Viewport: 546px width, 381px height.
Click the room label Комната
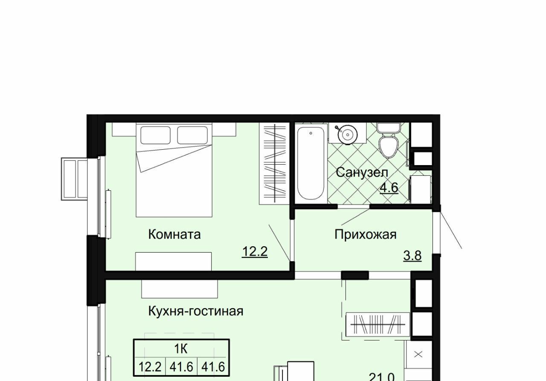pyautogui.click(x=174, y=235)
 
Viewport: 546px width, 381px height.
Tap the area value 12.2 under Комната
pyautogui.click(x=255, y=252)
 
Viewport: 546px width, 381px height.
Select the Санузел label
pyautogui.click(x=362, y=172)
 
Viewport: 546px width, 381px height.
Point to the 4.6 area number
pyautogui.click(x=389, y=188)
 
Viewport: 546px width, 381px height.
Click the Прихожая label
pyautogui.click(x=366, y=235)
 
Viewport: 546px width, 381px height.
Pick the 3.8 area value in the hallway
pyautogui.click(x=412, y=256)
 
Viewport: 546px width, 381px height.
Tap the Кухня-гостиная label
pyautogui.click(x=196, y=311)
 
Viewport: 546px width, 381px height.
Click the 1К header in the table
pyautogui.click(x=181, y=349)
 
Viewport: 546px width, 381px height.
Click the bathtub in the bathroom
pyautogui.click(x=311, y=163)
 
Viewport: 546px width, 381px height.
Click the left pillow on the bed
pyautogui.click(x=156, y=135)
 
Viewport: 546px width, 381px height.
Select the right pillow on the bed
pyautogui.click(x=192, y=135)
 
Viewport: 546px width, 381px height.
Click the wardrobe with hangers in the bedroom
pyautogui.click(x=274, y=163)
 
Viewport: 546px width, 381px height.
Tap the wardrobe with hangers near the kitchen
pyautogui.click(x=378, y=324)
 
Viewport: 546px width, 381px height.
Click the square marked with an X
pyautogui.click(x=418, y=354)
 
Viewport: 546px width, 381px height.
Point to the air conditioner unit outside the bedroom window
pyautogui.click(x=74, y=179)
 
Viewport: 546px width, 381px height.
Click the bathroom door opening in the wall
pyautogui.click(x=354, y=206)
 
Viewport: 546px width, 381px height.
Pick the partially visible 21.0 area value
pyautogui.click(x=381, y=377)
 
